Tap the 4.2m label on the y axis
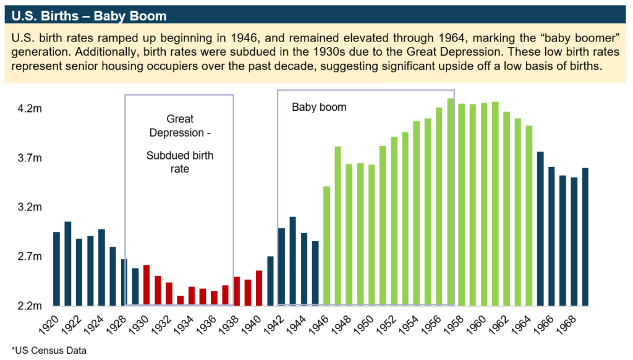point(30,109)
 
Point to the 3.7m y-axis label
point(30,158)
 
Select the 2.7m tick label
point(30,257)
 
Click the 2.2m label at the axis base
point(30,306)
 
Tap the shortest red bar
point(180,301)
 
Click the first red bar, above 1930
point(147,285)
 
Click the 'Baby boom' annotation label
point(319,108)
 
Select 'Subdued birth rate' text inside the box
point(180,162)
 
